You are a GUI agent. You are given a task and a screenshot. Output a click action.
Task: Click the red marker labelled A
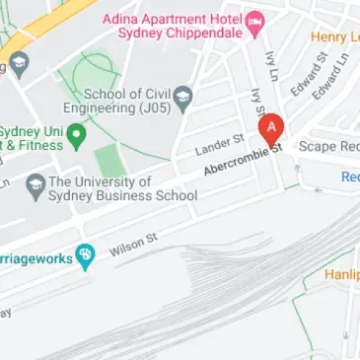tap(272, 129)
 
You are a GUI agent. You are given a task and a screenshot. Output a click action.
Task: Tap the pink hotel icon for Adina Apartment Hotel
tap(255, 21)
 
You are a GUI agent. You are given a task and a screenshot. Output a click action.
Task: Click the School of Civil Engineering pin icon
tap(182, 96)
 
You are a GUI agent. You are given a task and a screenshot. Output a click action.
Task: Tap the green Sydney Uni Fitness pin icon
tap(75, 133)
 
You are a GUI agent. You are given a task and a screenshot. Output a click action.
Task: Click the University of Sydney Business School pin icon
tap(36, 182)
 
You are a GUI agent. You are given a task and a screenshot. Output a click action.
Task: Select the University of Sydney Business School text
tap(113, 188)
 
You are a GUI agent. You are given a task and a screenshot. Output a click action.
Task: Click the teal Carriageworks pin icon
tap(86, 256)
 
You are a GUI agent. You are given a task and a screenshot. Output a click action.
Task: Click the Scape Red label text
tap(327, 146)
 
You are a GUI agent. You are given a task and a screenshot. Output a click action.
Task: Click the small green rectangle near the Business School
tap(110, 161)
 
